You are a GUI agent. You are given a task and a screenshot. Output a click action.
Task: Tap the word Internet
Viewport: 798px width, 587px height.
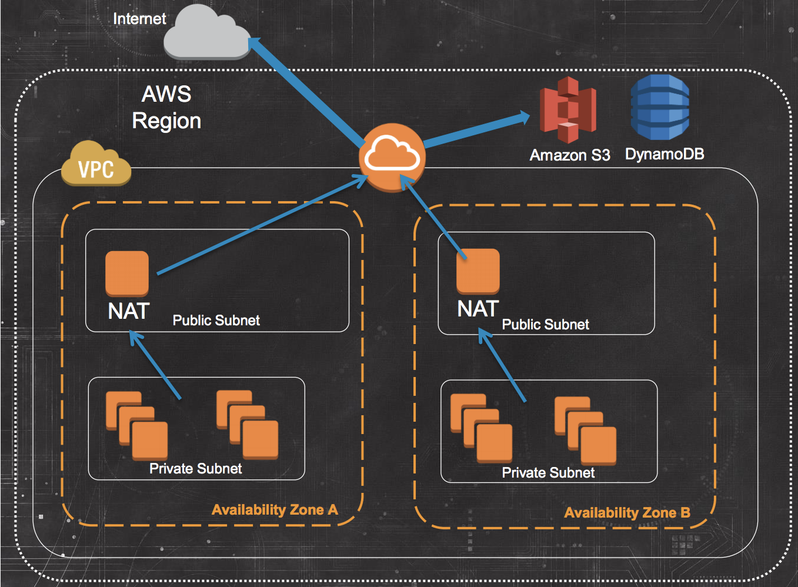coord(139,19)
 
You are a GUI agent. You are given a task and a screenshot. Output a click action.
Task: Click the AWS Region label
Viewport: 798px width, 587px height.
coord(166,107)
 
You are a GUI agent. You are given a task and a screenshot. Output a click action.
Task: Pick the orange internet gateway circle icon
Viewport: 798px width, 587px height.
coord(392,157)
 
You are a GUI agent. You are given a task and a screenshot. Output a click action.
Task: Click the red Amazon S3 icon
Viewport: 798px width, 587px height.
coord(567,110)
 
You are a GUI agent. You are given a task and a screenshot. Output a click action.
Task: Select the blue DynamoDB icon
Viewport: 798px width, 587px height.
coord(660,107)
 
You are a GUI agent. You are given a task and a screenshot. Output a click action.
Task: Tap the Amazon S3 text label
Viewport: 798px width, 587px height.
coord(569,155)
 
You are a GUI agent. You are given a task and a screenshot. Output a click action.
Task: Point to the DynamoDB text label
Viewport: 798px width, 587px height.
coord(665,154)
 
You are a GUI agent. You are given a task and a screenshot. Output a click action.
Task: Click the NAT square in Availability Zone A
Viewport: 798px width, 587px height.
coord(127,273)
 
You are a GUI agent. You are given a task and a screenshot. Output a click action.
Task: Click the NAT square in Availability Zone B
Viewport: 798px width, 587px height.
coord(478,271)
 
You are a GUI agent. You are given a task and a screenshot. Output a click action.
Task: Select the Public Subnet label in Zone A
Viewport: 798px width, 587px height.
coord(216,321)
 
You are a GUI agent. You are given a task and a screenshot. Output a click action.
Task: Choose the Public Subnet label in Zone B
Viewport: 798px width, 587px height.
coord(545,325)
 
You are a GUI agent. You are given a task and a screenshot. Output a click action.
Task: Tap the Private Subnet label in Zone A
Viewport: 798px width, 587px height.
coord(195,469)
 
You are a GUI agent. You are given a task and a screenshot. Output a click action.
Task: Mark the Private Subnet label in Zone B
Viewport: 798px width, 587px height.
coord(548,473)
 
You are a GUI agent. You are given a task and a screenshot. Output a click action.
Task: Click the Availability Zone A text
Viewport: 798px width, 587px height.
coord(275,510)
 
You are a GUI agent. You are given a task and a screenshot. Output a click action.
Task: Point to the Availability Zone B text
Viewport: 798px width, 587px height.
coord(627,513)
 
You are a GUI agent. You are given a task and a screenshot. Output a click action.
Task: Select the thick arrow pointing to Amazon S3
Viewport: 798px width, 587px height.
coord(476,130)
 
